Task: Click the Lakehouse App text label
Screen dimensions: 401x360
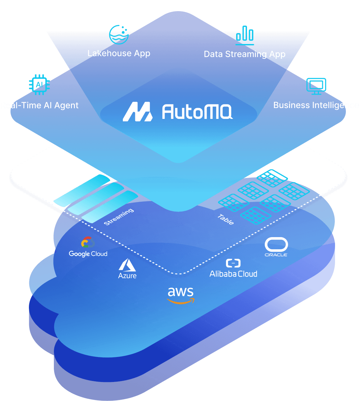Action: coord(119,54)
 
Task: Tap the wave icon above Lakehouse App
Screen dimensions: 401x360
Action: coord(119,34)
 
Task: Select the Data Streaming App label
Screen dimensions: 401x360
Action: coord(244,54)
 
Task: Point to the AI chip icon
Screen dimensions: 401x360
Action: coord(39,85)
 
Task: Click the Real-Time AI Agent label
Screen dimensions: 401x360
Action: coord(39,105)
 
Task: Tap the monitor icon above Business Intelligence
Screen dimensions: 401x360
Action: coord(316,86)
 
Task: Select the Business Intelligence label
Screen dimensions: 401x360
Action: coord(316,105)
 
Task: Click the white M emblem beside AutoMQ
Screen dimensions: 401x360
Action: coord(138,112)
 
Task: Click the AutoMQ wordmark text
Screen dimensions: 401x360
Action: coord(197,112)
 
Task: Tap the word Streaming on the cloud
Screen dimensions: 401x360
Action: coord(119,217)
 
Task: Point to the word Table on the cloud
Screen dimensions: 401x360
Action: coord(226,219)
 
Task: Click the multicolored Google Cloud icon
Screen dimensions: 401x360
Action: coord(88,242)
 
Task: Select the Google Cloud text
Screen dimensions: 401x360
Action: coord(88,254)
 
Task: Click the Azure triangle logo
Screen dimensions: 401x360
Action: coord(127,265)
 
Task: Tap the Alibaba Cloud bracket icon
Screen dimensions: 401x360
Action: coord(233,263)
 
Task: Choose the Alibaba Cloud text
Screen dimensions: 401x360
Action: coord(233,274)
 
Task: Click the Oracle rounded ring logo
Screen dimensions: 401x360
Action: coord(276,245)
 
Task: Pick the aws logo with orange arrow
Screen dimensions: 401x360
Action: coord(181,295)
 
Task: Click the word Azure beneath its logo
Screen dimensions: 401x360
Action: coord(127,276)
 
